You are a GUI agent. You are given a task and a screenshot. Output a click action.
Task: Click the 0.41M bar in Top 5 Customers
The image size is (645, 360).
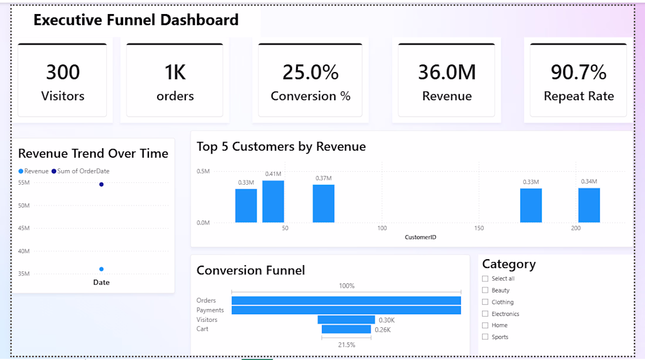(273, 202)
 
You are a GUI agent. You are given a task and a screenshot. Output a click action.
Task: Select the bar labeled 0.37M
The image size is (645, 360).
(323, 203)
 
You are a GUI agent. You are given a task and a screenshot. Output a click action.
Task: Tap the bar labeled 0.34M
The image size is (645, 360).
(589, 205)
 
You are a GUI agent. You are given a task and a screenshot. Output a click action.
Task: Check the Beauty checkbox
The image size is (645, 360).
(485, 290)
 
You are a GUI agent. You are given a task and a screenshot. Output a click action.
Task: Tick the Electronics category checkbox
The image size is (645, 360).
(485, 314)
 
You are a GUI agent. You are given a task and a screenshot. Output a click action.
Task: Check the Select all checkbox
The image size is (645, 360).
(485, 279)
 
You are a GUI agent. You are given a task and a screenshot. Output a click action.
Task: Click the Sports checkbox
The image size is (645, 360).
(485, 337)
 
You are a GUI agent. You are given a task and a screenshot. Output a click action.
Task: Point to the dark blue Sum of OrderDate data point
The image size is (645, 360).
(101, 184)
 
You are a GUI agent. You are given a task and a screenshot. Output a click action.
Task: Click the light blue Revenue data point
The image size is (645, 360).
(101, 269)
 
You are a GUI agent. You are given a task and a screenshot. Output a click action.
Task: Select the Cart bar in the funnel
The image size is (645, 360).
(346, 329)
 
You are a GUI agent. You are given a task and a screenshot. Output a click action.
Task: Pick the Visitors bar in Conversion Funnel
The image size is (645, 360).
(346, 320)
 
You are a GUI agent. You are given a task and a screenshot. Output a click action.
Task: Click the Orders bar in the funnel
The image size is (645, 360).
(346, 301)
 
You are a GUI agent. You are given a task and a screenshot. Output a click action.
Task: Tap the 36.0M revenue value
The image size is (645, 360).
(447, 72)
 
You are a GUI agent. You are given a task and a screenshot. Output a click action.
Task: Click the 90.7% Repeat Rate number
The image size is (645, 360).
(578, 72)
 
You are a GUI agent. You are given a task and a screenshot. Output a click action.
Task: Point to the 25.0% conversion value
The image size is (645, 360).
(310, 72)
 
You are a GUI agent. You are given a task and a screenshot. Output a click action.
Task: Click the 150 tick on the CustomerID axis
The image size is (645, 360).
(479, 228)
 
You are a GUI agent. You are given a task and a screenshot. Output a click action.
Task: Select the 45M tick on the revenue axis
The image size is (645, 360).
(24, 228)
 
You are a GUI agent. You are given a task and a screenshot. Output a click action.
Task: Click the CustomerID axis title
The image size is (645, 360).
(420, 237)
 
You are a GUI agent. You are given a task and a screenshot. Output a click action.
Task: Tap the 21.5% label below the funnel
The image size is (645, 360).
(347, 345)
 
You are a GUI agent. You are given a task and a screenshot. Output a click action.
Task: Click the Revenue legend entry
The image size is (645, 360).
(33, 171)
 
